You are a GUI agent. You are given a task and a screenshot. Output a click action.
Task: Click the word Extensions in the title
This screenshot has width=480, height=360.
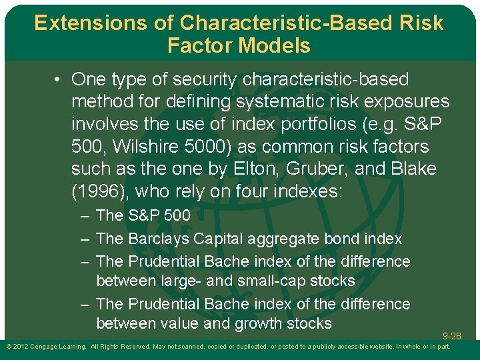(x=82, y=23)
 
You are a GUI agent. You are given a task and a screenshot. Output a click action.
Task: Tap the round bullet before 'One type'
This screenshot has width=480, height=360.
(x=59, y=80)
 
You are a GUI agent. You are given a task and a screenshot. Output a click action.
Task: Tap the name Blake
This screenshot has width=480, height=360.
(x=410, y=169)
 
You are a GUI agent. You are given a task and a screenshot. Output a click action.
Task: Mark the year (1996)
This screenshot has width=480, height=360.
(x=101, y=192)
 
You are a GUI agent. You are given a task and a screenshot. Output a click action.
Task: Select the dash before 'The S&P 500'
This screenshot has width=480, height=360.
(x=85, y=215)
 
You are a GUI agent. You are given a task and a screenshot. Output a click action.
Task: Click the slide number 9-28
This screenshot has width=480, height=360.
(x=451, y=336)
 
